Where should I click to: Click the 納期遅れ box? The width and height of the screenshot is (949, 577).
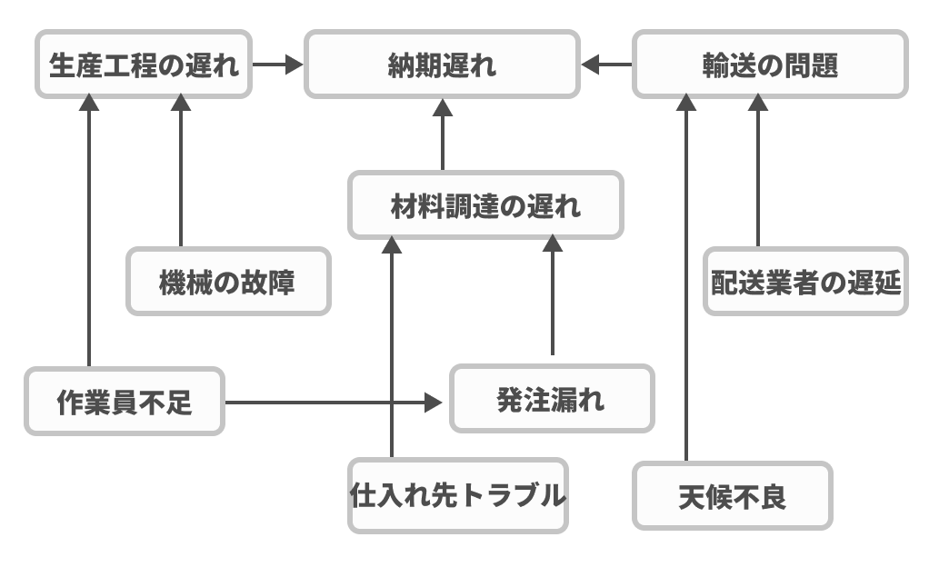point(442,65)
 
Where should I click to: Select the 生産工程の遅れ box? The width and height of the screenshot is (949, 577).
point(144,65)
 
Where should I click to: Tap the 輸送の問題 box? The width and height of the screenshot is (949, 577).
point(770,65)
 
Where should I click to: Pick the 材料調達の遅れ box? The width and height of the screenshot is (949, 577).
point(486,206)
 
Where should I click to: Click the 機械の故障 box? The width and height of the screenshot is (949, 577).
point(227,282)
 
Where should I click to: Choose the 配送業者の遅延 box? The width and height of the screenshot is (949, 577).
point(805,282)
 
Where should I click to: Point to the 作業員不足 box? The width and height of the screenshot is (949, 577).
point(125,402)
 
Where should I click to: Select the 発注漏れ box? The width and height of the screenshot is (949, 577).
point(552,399)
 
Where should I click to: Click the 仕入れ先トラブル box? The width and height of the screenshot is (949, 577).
point(458,496)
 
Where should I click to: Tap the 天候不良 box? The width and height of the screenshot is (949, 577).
point(733,496)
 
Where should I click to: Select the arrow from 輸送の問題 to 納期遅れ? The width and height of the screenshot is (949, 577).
point(606,65)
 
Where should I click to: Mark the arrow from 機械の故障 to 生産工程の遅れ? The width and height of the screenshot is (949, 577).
point(180,173)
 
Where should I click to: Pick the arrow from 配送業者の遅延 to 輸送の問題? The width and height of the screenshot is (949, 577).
point(758,173)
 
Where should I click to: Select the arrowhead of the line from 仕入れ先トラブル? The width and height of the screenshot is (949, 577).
point(392,244)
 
